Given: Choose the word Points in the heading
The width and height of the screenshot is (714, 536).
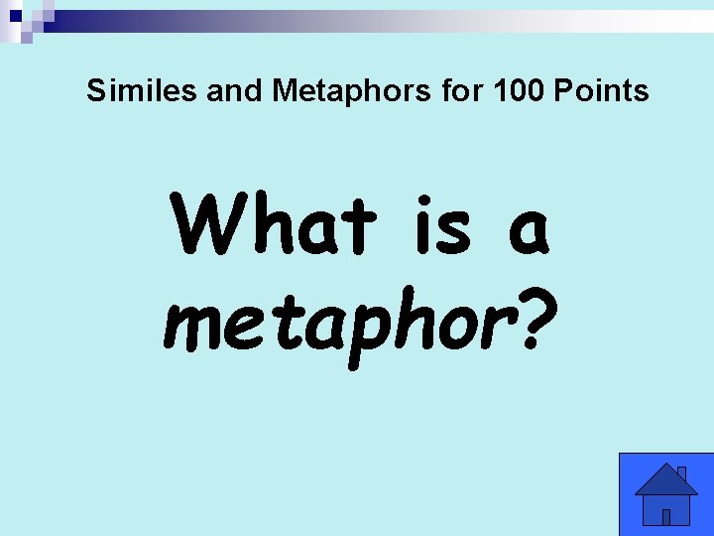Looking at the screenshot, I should (x=600, y=91).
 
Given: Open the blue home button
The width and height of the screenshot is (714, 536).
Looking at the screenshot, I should (x=666, y=494).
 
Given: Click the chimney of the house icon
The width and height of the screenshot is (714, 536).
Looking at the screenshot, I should (x=681, y=473).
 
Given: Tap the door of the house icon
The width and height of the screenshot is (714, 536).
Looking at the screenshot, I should (x=666, y=516).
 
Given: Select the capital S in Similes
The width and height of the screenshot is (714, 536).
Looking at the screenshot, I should (x=95, y=91).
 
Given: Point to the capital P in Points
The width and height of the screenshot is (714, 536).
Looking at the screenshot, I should (x=564, y=91).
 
